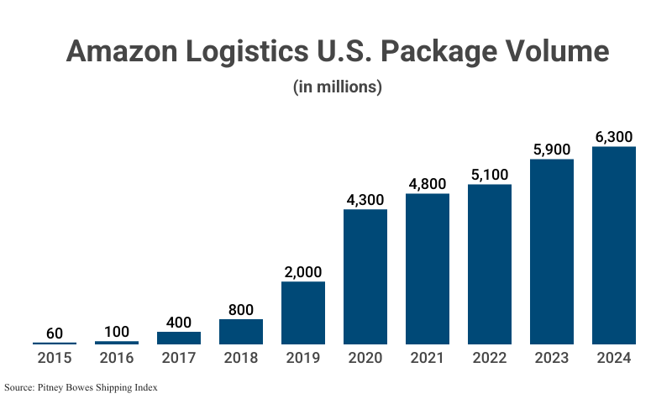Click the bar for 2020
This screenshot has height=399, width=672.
[x=365, y=277]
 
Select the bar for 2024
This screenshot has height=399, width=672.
[x=614, y=245]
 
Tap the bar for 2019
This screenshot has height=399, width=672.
[x=303, y=312]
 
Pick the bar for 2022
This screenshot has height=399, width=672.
[x=490, y=265]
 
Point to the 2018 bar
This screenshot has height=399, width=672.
[x=241, y=332]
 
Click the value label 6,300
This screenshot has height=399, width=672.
[x=614, y=137]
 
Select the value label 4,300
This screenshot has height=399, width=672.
[x=365, y=200]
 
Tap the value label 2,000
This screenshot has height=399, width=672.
[x=303, y=272]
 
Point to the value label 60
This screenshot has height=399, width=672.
[x=55, y=333]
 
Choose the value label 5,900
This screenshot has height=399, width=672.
[x=552, y=150]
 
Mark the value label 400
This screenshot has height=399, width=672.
[x=179, y=323]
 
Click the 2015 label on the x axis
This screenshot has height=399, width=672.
[x=55, y=358]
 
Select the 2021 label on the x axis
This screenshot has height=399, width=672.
[x=428, y=358]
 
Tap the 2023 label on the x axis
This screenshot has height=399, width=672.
[x=552, y=358]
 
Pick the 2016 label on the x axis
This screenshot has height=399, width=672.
[x=117, y=358]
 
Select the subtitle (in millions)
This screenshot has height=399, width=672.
[x=337, y=87]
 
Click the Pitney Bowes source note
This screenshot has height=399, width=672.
[x=81, y=387]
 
